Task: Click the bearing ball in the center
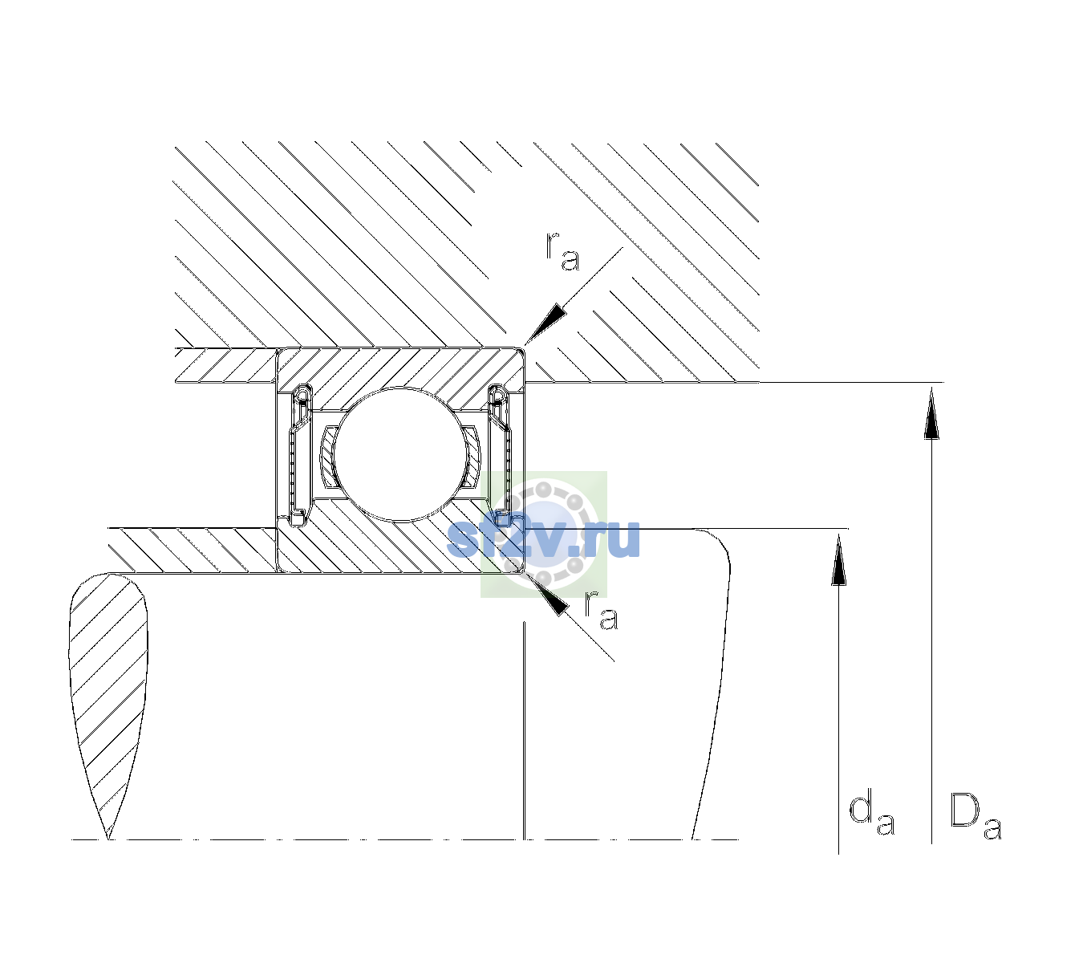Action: click(x=400, y=454)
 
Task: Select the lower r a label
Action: click(x=601, y=611)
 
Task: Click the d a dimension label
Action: click(x=872, y=813)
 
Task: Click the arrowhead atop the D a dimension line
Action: click(x=931, y=413)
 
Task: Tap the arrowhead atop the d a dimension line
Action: click(x=838, y=559)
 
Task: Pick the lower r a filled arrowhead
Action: click(x=546, y=594)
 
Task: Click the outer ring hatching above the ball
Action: click(x=400, y=369)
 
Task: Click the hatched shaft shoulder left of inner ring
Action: click(x=193, y=551)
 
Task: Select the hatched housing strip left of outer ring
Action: click(x=225, y=366)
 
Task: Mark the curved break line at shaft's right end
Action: click(x=714, y=684)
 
